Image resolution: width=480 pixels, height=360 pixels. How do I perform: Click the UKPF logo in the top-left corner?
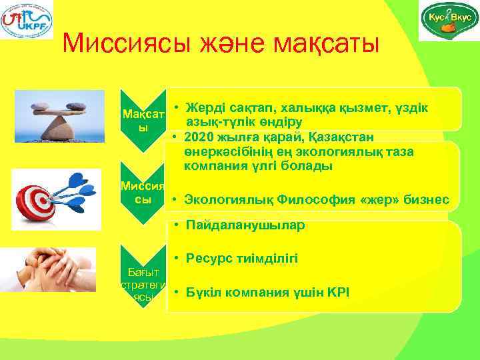[27, 20]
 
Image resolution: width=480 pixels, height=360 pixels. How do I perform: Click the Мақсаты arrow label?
[141, 117]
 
